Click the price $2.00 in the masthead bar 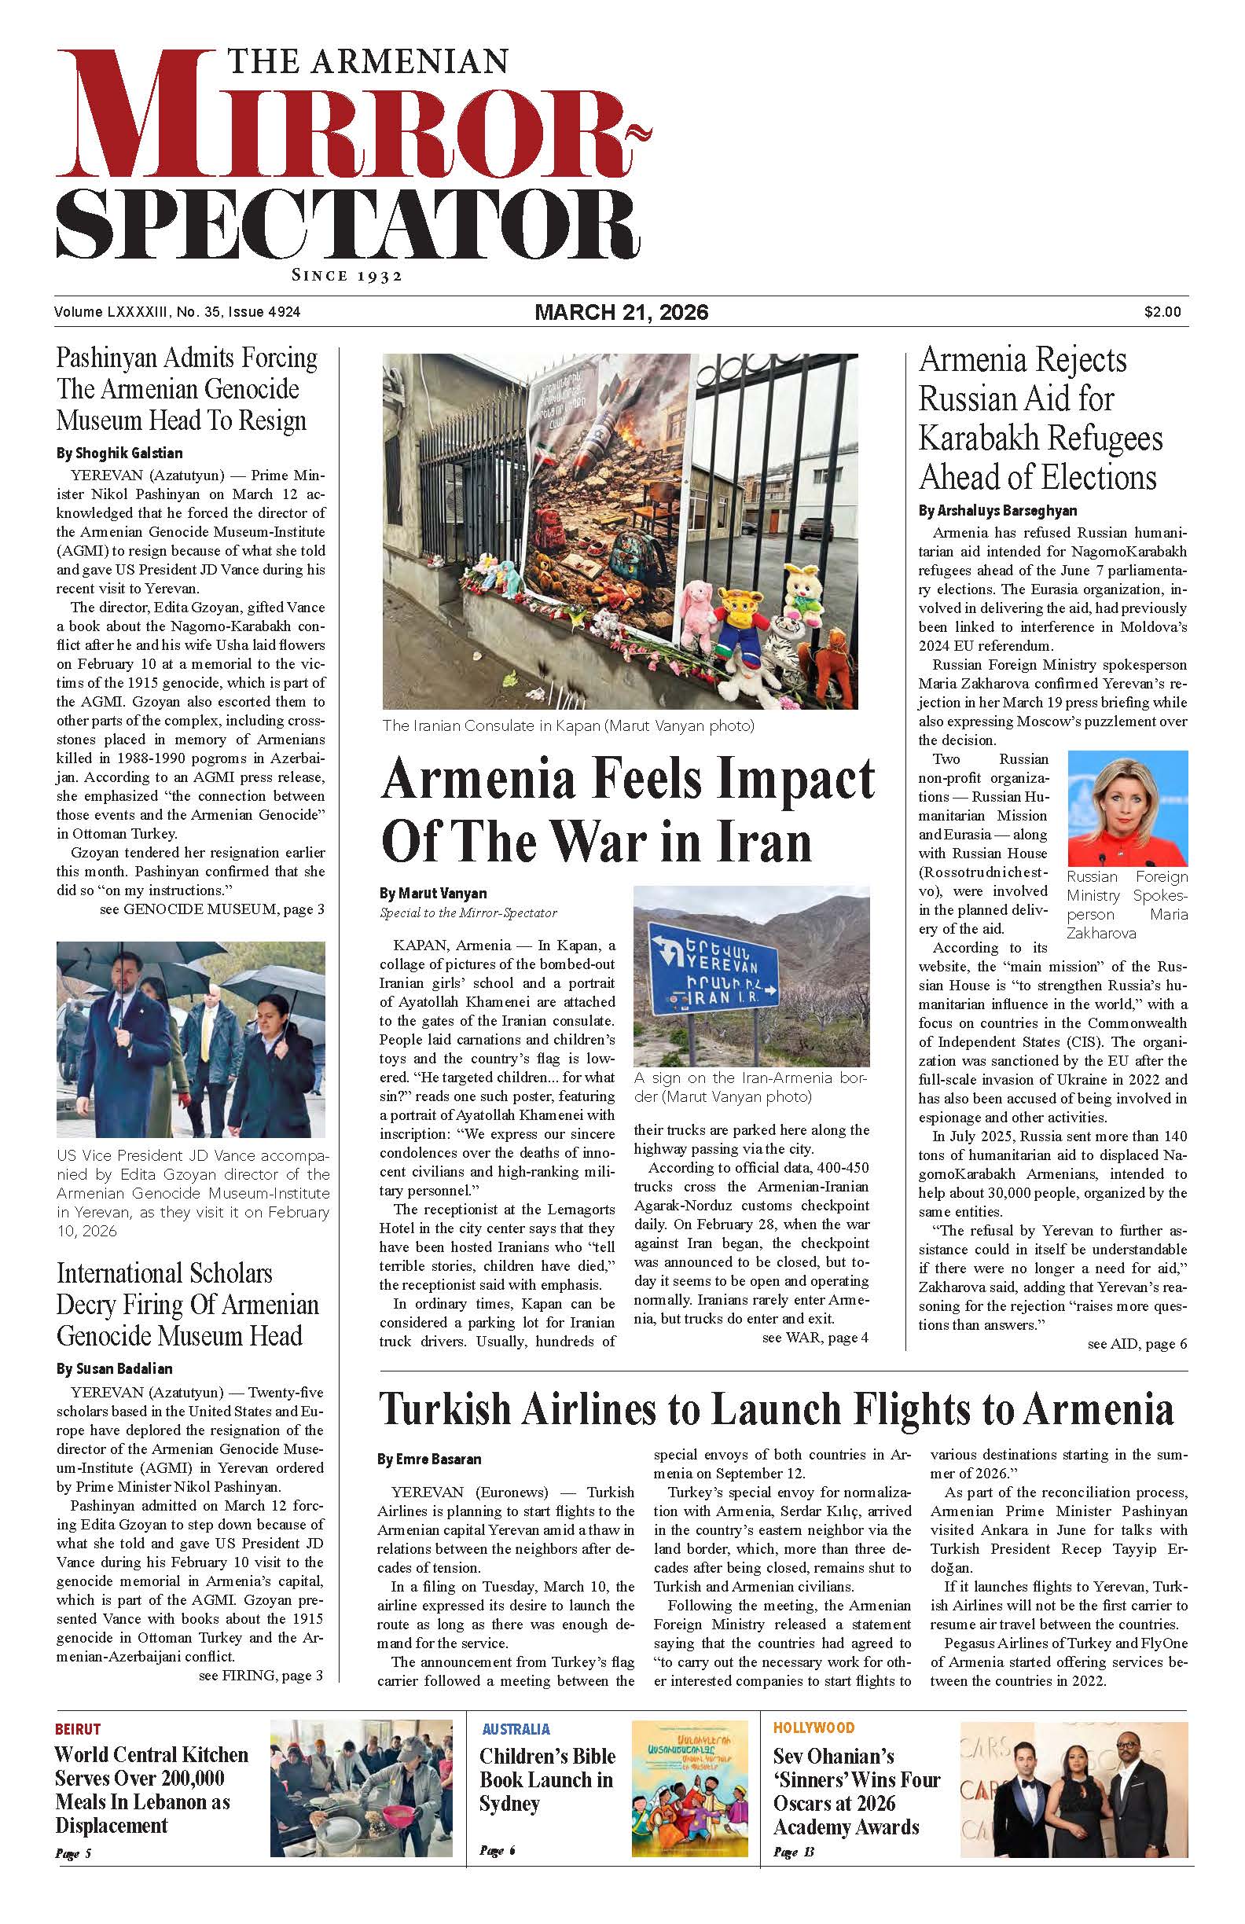click(x=1162, y=312)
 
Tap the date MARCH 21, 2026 click(x=621, y=312)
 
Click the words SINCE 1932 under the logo click(x=347, y=276)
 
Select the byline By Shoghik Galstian click(x=119, y=453)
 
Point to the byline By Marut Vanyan click(x=432, y=894)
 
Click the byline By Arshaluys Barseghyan click(x=997, y=510)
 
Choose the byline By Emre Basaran click(x=429, y=1460)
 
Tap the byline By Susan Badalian click(x=114, y=1368)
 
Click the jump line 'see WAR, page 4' click(x=815, y=1337)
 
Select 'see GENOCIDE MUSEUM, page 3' click(x=211, y=909)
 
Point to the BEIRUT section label click(x=78, y=1729)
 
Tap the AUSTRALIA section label click(x=516, y=1729)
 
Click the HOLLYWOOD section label click(x=813, y=1728)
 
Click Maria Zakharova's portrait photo click(x=1127, y=809)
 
